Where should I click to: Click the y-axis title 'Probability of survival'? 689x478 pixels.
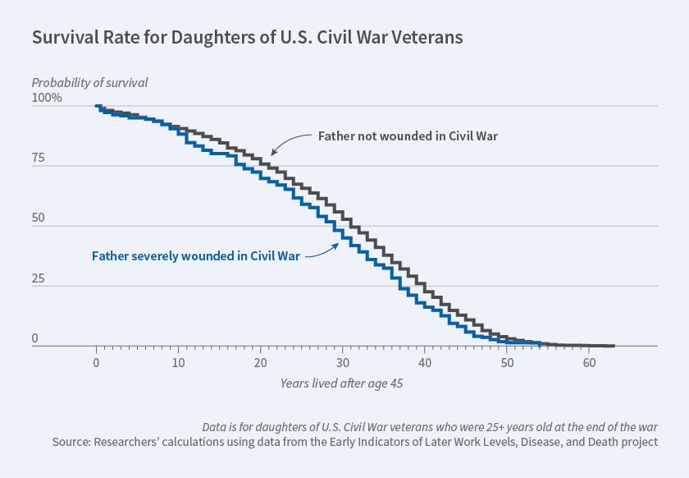[90, 82]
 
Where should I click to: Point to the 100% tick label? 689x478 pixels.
[47, 99]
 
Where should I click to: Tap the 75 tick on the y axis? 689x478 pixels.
[39, 159]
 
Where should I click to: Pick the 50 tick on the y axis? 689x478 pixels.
[39, 218]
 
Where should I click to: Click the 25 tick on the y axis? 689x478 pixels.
[39, 278]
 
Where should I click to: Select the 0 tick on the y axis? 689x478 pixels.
[35, 338]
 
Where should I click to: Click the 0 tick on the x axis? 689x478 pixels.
[97, 362]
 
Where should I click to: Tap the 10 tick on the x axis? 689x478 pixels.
[179, 362]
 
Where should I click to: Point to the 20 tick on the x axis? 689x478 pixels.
[261, 362]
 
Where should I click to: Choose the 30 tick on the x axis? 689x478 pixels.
[343, 362]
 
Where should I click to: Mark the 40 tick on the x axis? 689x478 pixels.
[425, 362]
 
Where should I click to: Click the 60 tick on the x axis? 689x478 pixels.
[589, 362]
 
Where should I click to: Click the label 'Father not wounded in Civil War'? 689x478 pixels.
[407, 136]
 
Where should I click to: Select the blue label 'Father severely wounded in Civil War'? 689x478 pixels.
[196, 255]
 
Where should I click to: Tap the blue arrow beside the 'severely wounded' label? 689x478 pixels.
[323, 249]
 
